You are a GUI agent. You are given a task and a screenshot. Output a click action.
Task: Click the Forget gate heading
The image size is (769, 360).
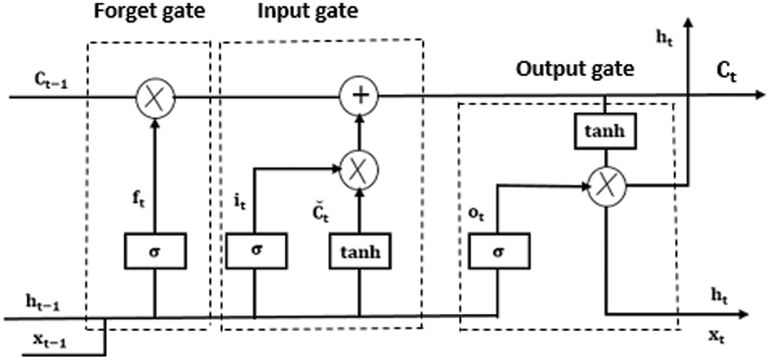click(x=150, y=12)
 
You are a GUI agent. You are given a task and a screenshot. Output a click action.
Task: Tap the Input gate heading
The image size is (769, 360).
click(x=308, y=12)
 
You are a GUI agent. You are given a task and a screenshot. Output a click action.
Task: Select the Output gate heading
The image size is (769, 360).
click(x=575, y=69)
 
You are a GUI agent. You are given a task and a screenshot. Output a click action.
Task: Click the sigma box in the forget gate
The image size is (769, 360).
click(x=155, y=251)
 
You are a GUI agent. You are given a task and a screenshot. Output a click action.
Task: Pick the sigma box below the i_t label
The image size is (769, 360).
click(x=256, y=251)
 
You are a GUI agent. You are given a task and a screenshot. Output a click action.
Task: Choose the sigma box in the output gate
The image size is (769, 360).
click(x=499, y=251)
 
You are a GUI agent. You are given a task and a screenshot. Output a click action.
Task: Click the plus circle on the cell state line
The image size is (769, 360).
click(x=359, y=95)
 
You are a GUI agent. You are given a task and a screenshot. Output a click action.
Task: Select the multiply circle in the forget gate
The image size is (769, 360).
click(x=155, y=95)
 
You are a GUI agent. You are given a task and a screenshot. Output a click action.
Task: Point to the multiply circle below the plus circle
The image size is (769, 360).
click(x=359, y=169)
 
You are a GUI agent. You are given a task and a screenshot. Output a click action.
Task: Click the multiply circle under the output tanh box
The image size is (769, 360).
click(x=607, y=186)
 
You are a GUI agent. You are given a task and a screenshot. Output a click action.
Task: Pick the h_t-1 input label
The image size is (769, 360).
click(x=43, y=303)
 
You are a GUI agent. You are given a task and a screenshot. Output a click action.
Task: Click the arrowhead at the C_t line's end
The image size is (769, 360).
click(x=759, y=95)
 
